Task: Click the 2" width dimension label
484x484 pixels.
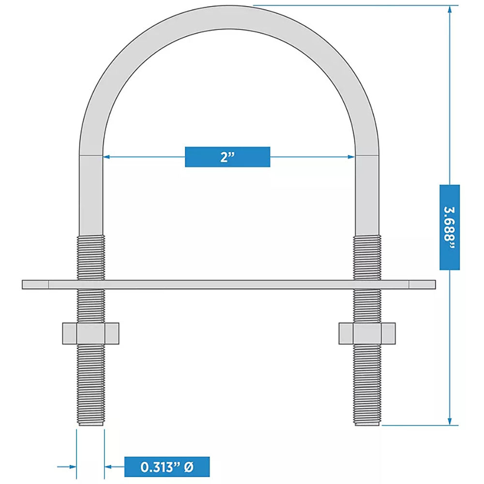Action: click(227, 157)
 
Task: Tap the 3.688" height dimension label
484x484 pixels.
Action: click(450, 227)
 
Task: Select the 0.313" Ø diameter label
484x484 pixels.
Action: click(167, 467)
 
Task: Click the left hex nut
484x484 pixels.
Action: click(91, 333)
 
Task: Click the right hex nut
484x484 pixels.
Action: click(367, 333)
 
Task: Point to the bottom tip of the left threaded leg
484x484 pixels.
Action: click(91, 423)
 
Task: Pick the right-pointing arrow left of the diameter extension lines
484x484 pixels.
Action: click(73, 467)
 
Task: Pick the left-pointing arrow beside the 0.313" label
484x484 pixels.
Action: click(109, 467)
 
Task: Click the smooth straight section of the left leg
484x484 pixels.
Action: click(91, 194)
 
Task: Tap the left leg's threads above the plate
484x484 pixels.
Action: click(91, 257)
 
